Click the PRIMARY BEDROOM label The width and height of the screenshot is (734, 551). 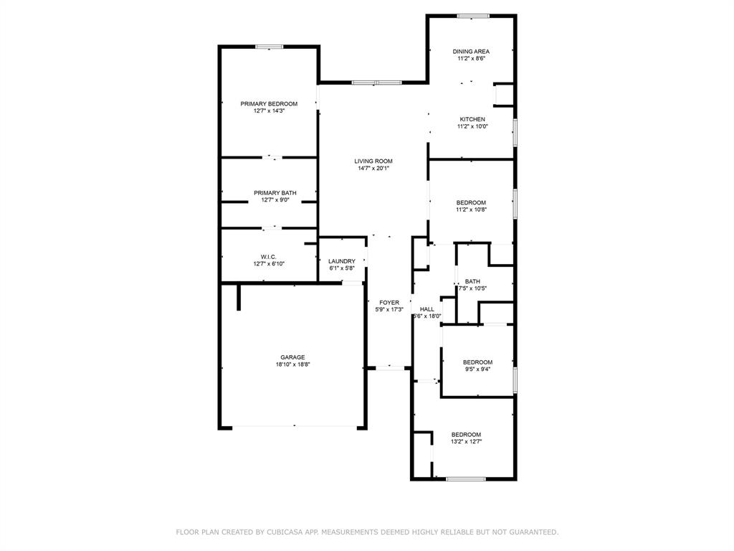click(x=269, y=104)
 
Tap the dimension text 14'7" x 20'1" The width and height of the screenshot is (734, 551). click(x=373, y=169)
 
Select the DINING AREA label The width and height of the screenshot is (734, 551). click(x=471, y=52)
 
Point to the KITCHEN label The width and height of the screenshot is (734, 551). click(x=472, y=119)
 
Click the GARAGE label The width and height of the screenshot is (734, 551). click(x=292, y=357)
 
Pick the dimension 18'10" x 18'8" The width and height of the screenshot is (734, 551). click(x=292, y=364)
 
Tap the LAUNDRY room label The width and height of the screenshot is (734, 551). click(x=342, y=261)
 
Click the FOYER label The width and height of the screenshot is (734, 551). click(x=389, y=303)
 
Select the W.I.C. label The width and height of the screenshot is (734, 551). click(x=269, y=256)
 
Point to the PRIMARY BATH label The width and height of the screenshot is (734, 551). click(x=275, y=193)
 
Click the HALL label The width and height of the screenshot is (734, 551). click(x=427, y=309)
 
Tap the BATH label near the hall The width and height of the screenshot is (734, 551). click(x=472, y=281)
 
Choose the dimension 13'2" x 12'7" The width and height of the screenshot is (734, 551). click(x=466, y=442)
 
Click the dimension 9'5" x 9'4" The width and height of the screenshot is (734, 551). click(x=477, y=369)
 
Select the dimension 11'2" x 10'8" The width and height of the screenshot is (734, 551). click(x=472, y=210)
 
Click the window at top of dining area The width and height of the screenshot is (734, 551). click(x=474, y=16)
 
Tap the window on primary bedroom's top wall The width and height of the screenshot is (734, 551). click(x=270, y=47)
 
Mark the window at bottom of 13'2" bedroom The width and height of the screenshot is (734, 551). click(x=466, y=479)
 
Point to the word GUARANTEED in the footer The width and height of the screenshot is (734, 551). click(x=532, y=532)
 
